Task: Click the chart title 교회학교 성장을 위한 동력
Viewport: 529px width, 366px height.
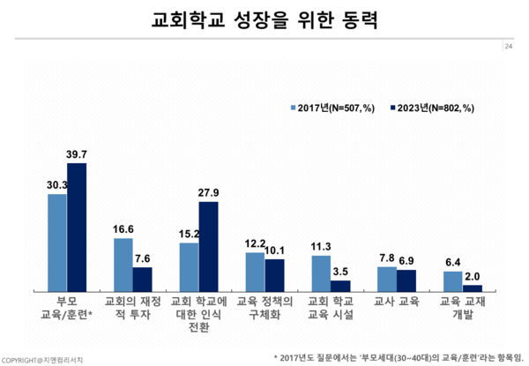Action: (264, 20)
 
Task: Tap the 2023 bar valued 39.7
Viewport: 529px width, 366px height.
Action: (78, 227)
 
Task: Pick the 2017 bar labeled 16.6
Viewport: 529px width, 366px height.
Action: (123, 265)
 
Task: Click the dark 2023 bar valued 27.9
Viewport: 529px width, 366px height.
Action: (209, 246)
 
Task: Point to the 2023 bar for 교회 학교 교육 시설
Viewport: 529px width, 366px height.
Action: (340, 286)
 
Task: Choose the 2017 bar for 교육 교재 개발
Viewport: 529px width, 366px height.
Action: (452, 281)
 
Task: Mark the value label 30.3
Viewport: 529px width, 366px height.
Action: (57, 186)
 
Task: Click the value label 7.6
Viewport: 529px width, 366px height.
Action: (144, 259)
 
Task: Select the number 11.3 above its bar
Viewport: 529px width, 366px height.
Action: (321, 247)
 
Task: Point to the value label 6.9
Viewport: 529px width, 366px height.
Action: (406, 262)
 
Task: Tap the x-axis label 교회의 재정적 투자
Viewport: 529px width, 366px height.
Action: (133, 307)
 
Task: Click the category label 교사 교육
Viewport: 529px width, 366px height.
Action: (397, 301)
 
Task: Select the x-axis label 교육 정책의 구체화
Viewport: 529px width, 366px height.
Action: (264, 307)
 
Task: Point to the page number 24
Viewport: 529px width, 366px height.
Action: (509, 46)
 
